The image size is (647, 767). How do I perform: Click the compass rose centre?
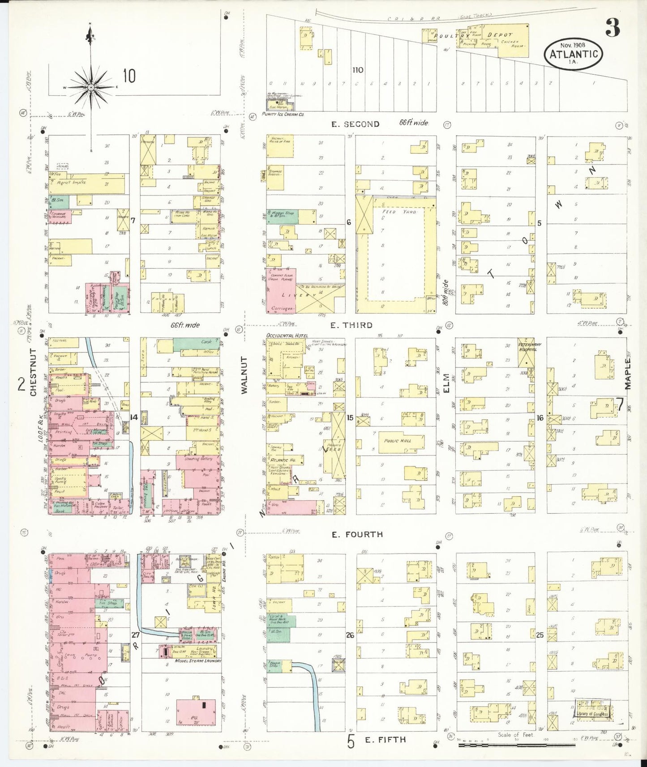pos(91,87)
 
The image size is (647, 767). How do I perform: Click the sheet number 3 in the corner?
pos(613,28)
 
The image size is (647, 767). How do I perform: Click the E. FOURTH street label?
pos(357,534)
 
